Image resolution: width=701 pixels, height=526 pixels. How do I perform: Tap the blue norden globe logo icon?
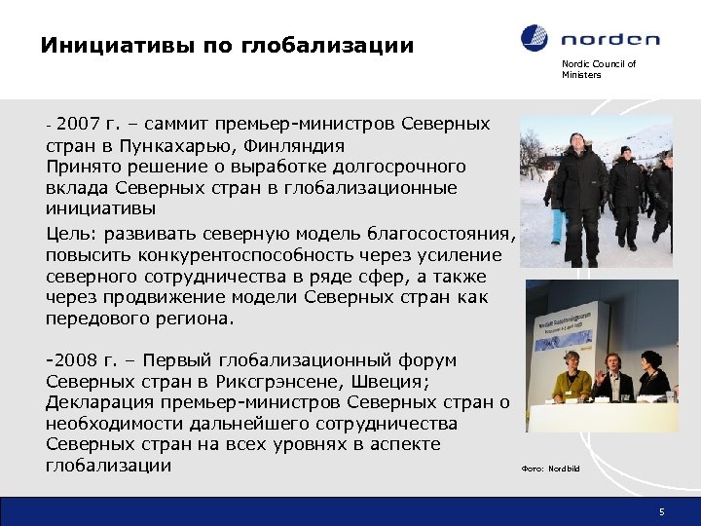[x=535, y=39]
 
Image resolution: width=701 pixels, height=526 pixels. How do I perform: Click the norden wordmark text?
[x=609, y=40]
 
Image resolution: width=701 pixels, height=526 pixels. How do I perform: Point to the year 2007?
[x=78, y=125]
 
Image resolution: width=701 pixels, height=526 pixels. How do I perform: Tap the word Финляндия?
[x=302, y=145]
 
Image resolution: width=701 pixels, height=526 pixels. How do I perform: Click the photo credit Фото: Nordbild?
[x=550, y=469]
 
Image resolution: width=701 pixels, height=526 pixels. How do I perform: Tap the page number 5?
[x=661, y=511]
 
